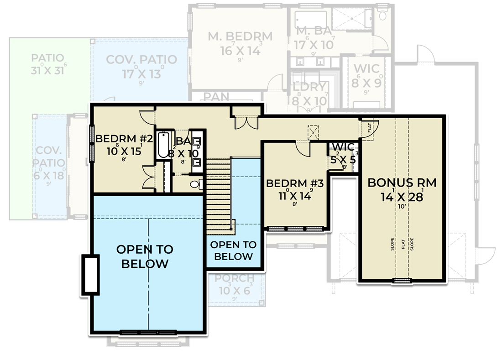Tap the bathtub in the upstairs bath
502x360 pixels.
(163, 145)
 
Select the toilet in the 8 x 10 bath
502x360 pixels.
(195, 184)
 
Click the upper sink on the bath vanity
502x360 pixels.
(198, 141)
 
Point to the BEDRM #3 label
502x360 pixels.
(295, 183)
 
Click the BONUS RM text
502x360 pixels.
(402, 183)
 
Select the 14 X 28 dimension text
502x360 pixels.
(402, 197)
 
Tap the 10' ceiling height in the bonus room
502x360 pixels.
(402, 207)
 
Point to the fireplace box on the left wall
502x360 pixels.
(90, 275)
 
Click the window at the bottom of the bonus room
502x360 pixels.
(402, 280)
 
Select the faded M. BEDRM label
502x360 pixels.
(240, 37)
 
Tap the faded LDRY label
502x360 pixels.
(309, 87)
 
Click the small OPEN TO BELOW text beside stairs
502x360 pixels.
(233, 250)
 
